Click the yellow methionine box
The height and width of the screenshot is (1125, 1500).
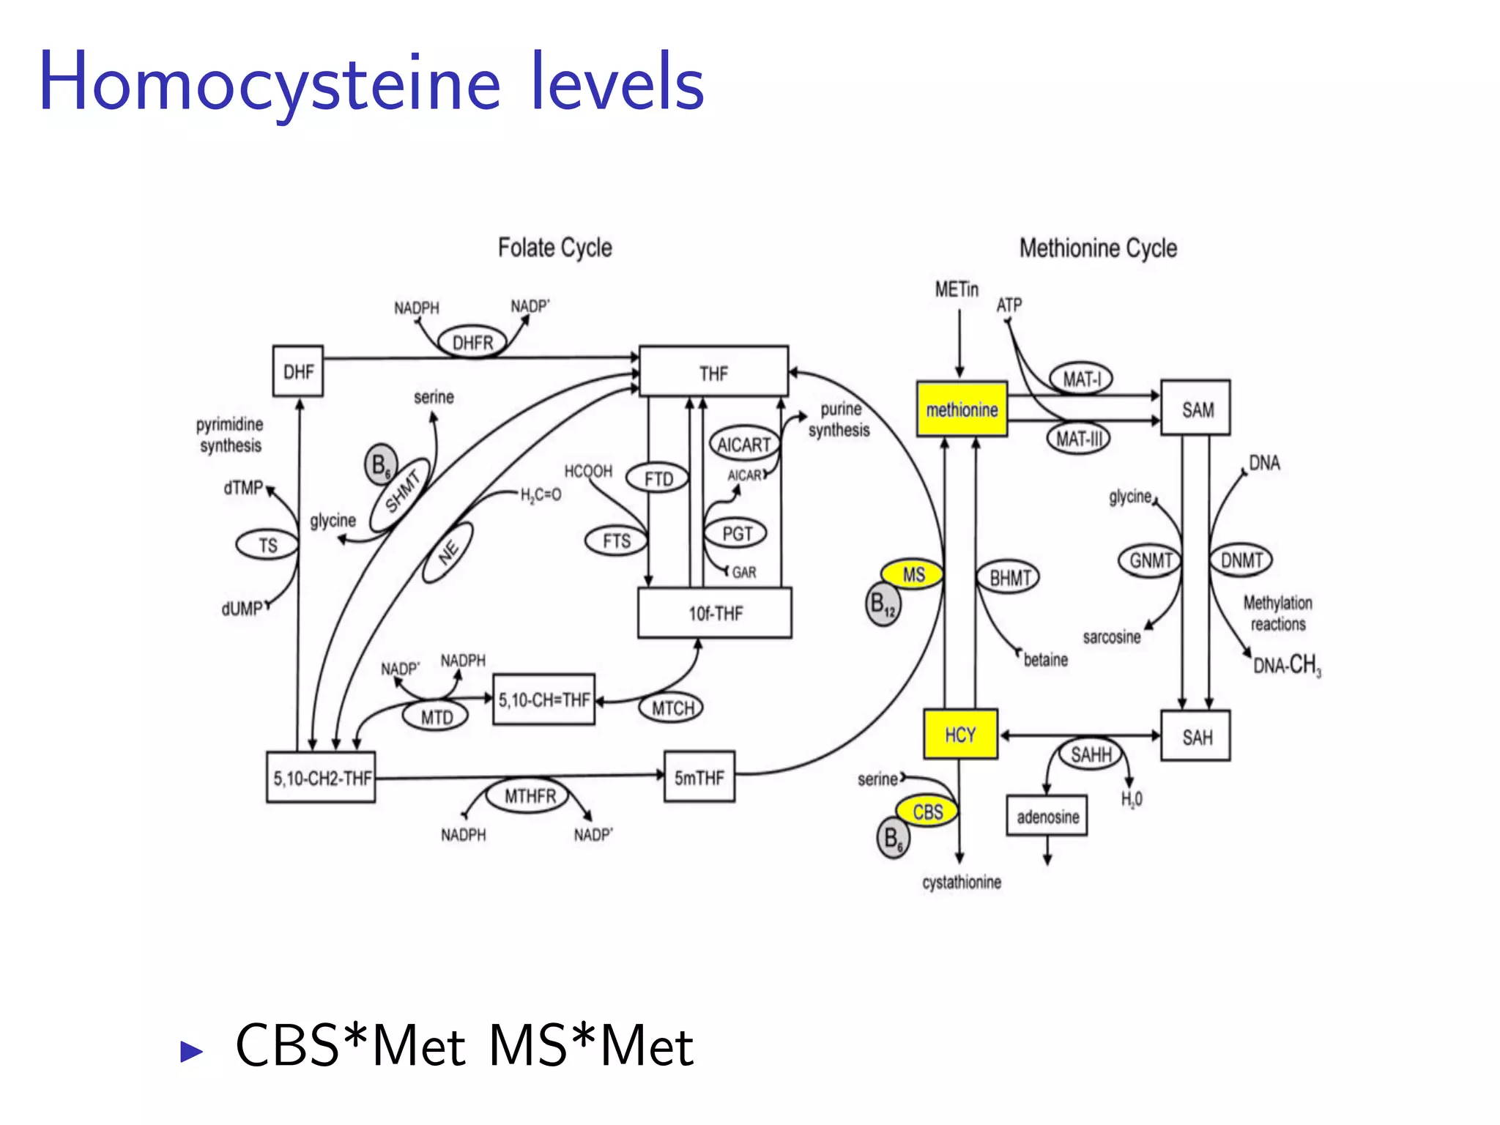pos(961,409)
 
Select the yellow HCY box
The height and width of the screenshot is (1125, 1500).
pos(959,734)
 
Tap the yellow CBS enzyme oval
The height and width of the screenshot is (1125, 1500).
pos(927,812)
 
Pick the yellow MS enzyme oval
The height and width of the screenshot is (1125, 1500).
pos(912,575)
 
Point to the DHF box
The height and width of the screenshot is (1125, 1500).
pos(298,371)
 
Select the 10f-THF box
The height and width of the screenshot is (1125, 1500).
pos(714,613)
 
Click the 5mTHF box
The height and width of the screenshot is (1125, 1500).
pos(699,777)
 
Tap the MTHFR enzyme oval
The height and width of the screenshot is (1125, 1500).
pos(530,795)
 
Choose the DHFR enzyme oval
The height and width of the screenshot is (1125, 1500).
pos(472,342)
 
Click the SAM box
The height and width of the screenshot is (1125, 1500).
pos(1195,409)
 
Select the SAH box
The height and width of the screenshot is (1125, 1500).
pos(1195,736)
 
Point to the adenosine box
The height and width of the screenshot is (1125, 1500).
pos(1047,816)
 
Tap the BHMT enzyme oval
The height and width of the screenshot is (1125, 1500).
pos(1009,578)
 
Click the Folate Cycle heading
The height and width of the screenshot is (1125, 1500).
pos(554,248)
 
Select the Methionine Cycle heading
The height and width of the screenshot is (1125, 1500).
pos(1097,248)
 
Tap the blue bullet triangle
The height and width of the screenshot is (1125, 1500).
pos(191,1051)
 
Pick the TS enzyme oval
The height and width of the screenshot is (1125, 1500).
pos(267,545)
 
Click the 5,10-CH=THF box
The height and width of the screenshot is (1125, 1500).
pos(543,699)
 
